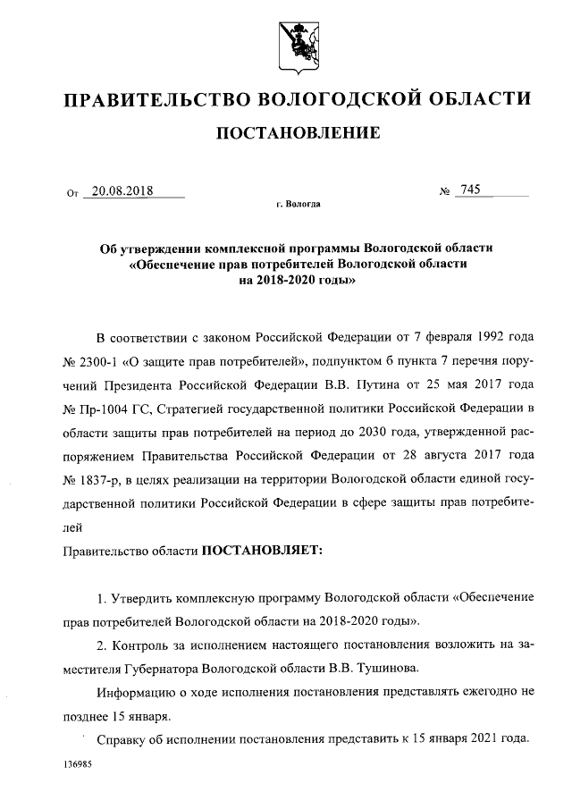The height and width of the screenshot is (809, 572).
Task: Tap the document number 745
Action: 468,190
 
